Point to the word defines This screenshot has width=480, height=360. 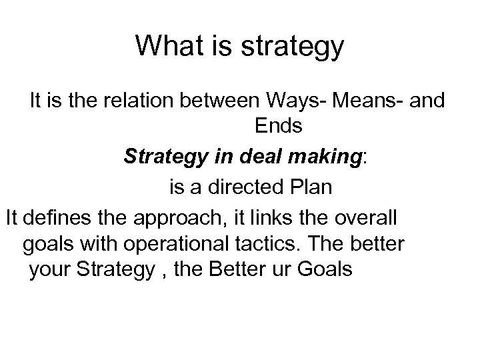pos(55,218)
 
